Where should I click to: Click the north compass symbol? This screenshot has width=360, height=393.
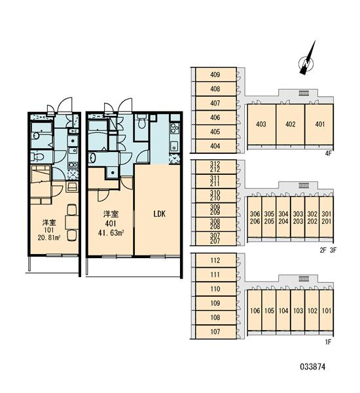tap(306, 62)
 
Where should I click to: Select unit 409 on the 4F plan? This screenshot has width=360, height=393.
tap(216, 75)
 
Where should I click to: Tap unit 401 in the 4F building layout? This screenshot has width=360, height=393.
tap(319, 124)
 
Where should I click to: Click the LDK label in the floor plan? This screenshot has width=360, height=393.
tap(160, 214)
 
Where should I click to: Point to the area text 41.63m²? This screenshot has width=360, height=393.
tap(111, 233)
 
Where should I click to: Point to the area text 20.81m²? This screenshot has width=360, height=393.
tap(49, 237)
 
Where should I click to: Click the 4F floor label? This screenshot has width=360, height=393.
tap(328, 153)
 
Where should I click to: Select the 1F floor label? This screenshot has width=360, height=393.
tap(328, 342)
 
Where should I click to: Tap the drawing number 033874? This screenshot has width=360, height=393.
tap(313, 367)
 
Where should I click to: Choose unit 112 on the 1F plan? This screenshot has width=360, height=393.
tap(216, 261)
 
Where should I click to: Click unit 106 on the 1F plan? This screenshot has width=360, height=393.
tap(255, 310)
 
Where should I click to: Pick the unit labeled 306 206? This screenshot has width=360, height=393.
tap(255, 217)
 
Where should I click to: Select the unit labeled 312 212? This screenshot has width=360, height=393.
tap(216, 167)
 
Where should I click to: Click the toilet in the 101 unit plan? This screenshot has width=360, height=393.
tap(38, 157)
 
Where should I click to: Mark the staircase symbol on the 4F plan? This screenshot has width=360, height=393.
tap(304, 93)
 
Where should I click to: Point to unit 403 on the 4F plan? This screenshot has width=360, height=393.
tap(262, 124)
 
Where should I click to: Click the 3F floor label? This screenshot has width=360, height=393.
tap(333, 250)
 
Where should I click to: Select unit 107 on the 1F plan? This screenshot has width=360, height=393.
tap(216, 332)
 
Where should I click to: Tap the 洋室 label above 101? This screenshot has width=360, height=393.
tap(49, 222)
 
